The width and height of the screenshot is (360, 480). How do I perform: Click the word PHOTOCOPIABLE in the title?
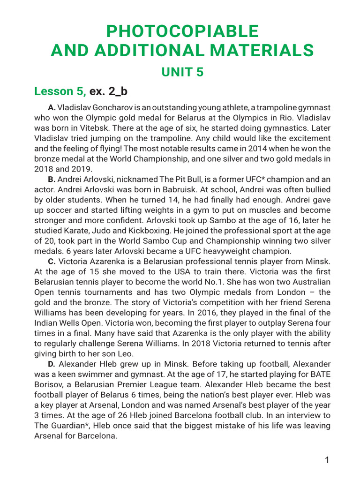(182, 31)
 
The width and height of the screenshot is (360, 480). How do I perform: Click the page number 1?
(327, 460)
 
